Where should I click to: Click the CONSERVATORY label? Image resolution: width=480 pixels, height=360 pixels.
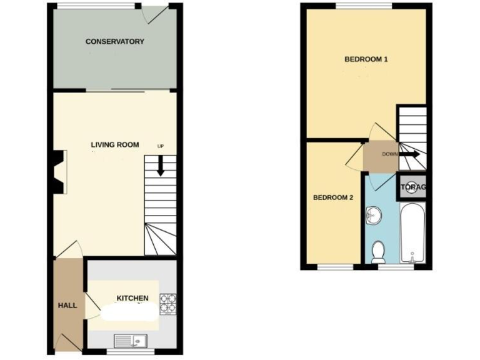pyautogui.click(x=114, y=42)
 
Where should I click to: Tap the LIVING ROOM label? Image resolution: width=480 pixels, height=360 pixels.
pyautogui.click(x=115, y=145)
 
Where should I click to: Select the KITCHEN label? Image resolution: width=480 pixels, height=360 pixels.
pyautogui.click(x=132, y=298)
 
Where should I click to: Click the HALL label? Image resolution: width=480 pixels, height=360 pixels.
pyautogui.click(x=67, y=306)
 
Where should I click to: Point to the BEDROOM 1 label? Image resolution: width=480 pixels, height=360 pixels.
pyautogui.click(x=366, y=60)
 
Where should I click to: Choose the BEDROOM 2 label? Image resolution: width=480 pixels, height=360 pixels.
pyautogui.click(x=333, y=197)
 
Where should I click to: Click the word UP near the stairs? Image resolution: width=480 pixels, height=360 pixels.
pyautogui.click(x=161, y=146)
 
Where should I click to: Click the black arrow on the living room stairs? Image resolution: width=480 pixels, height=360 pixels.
pyautogui.click(x=161, y=166)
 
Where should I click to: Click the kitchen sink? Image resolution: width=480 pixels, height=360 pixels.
pyautogui.click(x=129, y=340)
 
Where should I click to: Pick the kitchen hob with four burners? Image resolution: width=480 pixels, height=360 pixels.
pyautogui.click(x=168, y=303)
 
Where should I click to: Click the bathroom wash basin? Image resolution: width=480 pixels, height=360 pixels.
pyautogui.click(x=373, y=216)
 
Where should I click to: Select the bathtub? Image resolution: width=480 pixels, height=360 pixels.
pyautogui.click(x=412, y=234)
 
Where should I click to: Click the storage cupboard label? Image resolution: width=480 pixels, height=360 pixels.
pyautogui.click(x=412, y=187)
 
